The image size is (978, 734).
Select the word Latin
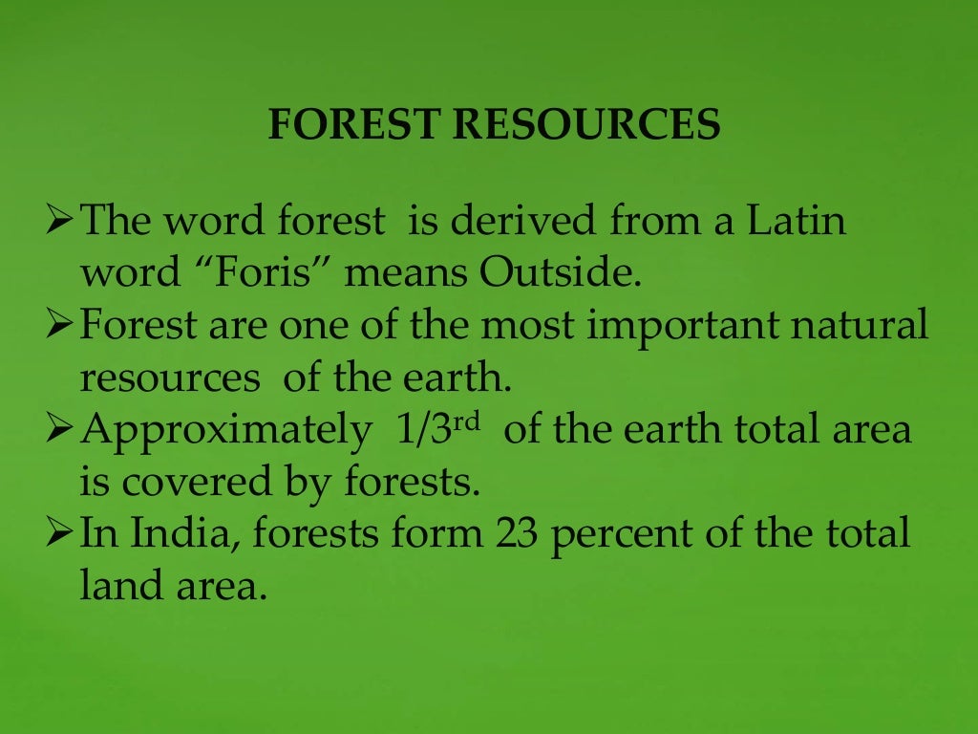797,222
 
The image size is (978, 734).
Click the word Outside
560,273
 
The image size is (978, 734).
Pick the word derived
515,222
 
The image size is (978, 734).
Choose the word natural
867,326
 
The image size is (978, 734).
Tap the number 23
517,534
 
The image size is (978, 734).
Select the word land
117,586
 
